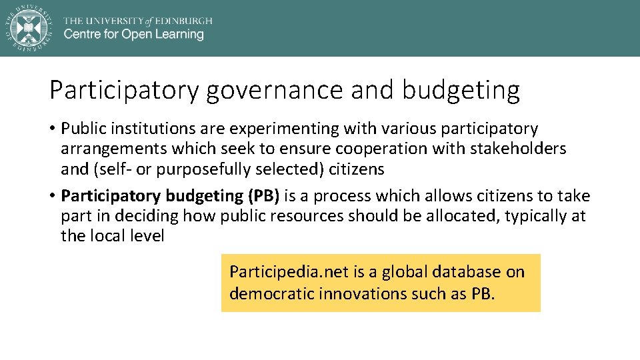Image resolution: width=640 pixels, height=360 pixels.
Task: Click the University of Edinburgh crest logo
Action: point(28,27)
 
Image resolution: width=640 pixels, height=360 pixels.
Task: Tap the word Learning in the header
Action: point(176,34)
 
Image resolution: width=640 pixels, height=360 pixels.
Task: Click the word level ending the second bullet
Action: point(146,236)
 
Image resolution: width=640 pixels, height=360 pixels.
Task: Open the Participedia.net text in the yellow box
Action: point(275,272)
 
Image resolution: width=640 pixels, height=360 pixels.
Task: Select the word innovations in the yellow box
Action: point(360,293)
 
